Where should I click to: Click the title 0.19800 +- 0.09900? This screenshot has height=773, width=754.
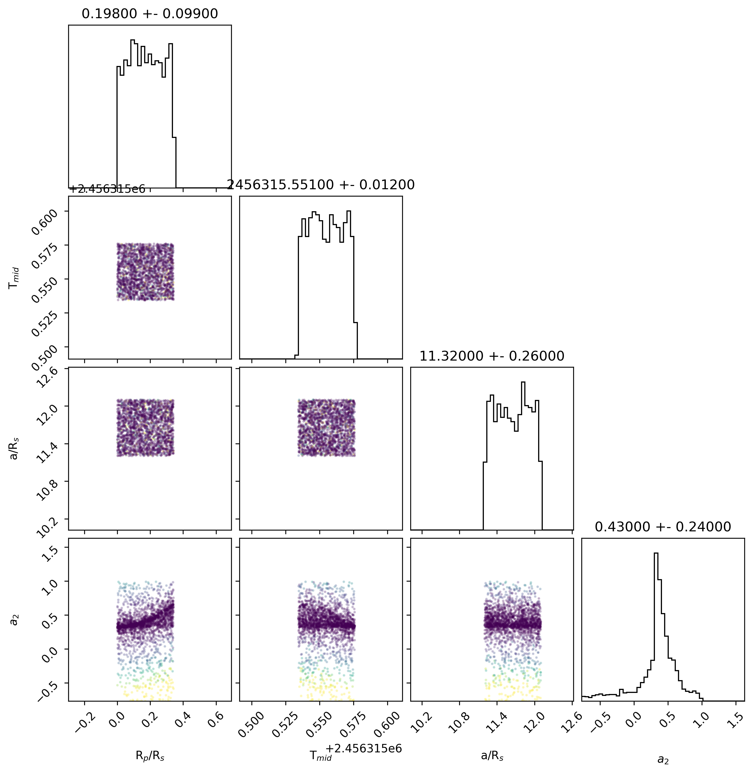150,14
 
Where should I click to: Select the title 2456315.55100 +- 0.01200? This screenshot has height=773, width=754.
321,185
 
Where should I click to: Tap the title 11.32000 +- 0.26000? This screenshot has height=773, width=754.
492,356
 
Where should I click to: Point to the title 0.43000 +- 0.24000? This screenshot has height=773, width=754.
663,527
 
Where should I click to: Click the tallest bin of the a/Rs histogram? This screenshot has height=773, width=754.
523,382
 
